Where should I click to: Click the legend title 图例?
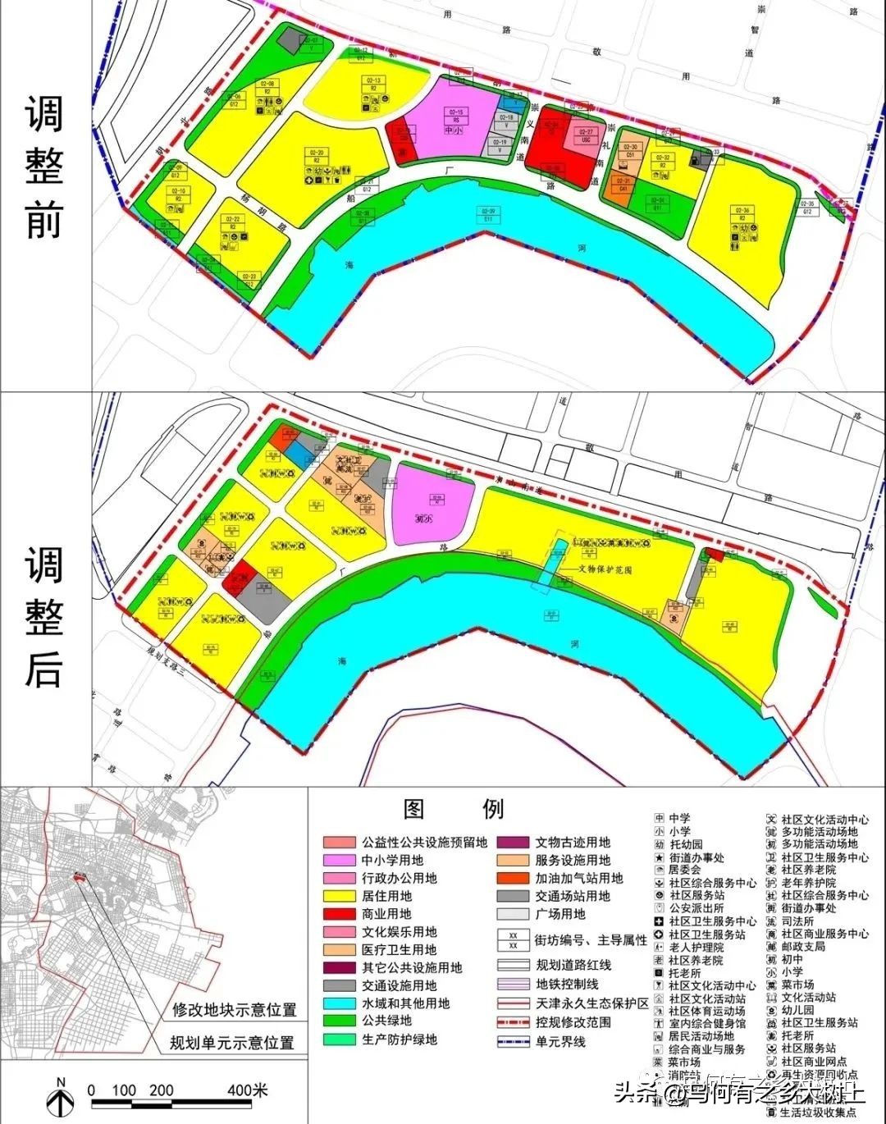454,809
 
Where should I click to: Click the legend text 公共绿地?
387,1021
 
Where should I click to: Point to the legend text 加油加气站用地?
579,878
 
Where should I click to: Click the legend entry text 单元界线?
561,1041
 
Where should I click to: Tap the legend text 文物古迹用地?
573,842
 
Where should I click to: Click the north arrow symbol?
60,1094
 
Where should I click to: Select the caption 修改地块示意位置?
235,1009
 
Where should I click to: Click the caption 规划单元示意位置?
231,1043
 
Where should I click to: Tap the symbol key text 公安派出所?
696,908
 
